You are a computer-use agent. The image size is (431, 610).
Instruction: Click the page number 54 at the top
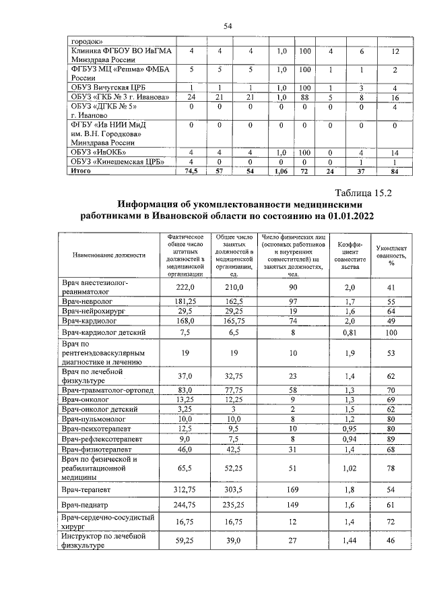(x=227, y=26)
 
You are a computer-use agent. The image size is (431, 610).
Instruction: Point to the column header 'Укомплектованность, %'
(x=390, y=255)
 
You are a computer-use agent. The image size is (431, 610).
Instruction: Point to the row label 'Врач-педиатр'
(x=86, y=504)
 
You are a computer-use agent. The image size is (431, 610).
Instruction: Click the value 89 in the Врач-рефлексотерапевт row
(x=390, y=437)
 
